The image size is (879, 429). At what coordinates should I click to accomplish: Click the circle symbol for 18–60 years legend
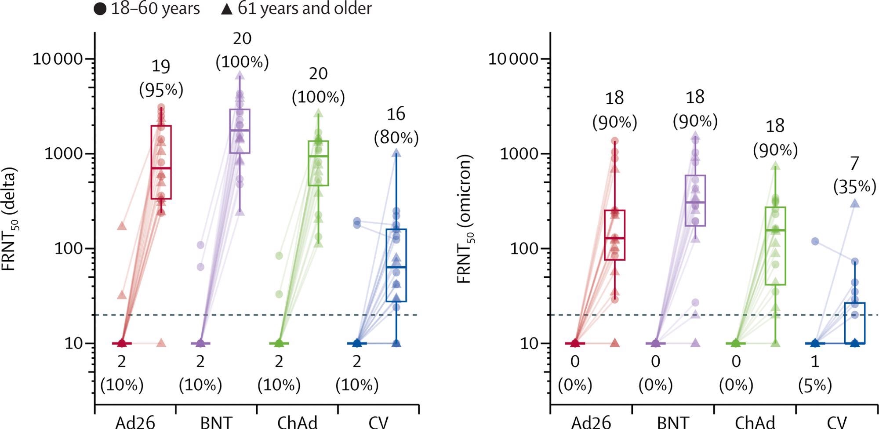[100, 9]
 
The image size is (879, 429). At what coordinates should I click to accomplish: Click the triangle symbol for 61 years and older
[226, 9]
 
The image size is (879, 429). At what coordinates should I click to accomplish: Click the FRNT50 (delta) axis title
[10, 218]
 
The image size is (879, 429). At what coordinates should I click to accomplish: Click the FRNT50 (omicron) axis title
[465, 218]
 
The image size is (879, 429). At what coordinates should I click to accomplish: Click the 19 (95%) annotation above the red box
[161, 78]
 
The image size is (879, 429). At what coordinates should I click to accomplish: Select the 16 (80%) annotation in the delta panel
[396, 126]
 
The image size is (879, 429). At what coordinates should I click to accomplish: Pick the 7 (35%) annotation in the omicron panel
[854, 175]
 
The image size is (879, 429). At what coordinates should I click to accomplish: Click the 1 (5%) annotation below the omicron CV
[815, 373]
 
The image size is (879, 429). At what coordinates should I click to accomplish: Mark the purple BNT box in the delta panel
[240, 131]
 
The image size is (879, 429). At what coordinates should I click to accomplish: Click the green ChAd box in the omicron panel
[775, 246]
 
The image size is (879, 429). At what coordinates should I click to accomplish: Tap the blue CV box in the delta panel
[396, 265]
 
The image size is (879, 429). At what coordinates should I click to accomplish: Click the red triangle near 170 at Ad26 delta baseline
[122, 226]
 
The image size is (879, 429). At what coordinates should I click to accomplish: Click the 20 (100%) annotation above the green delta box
[318, 85]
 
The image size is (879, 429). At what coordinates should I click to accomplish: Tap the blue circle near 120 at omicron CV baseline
[815, 241]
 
